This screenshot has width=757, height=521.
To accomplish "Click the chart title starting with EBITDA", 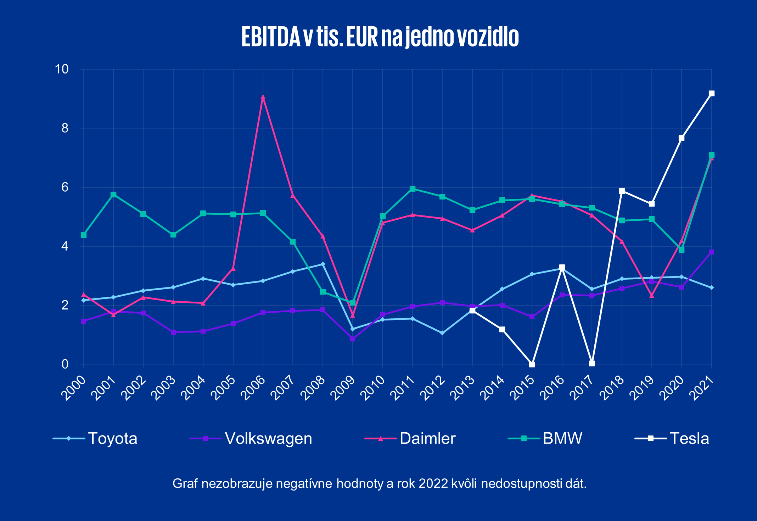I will (380, 37).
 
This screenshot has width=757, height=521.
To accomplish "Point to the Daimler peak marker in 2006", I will (263, 97).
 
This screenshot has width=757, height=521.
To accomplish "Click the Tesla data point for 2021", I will (711, 94).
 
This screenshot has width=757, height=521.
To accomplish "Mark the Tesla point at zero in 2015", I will (532, 364).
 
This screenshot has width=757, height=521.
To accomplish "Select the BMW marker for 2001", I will (113, 194).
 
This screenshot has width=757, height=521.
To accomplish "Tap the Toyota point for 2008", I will (323, 264).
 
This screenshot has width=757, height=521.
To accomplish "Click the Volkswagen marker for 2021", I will (711, 252).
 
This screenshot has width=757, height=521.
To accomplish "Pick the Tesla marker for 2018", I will (622, 191).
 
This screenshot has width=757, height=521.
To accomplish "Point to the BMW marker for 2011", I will (413, 189).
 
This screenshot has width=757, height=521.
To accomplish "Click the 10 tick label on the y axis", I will (61, 69).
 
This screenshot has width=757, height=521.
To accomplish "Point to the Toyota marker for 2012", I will (442, 333).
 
